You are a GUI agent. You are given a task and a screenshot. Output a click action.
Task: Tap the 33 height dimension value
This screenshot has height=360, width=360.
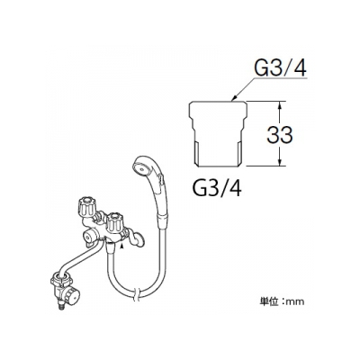pyautogui.click(x=280, y=134)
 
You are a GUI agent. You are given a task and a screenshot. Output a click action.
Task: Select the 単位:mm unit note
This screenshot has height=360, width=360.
pyautogui.click(x=282, y=301)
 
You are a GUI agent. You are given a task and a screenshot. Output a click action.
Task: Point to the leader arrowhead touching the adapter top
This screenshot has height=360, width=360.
pyautogui.click(x=235, y=97)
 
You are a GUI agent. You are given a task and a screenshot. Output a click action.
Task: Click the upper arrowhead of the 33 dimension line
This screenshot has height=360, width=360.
pyautogui.click(x=280, y=105)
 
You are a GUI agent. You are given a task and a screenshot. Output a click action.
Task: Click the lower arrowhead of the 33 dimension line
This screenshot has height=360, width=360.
pyautogui.click(x=280, y=161)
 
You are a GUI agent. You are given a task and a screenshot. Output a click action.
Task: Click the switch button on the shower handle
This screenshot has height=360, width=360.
pyautogui.click(x=162, y=180)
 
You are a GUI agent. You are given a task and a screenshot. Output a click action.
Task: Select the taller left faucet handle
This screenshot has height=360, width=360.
pyautogui.click(x=86, y=207)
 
